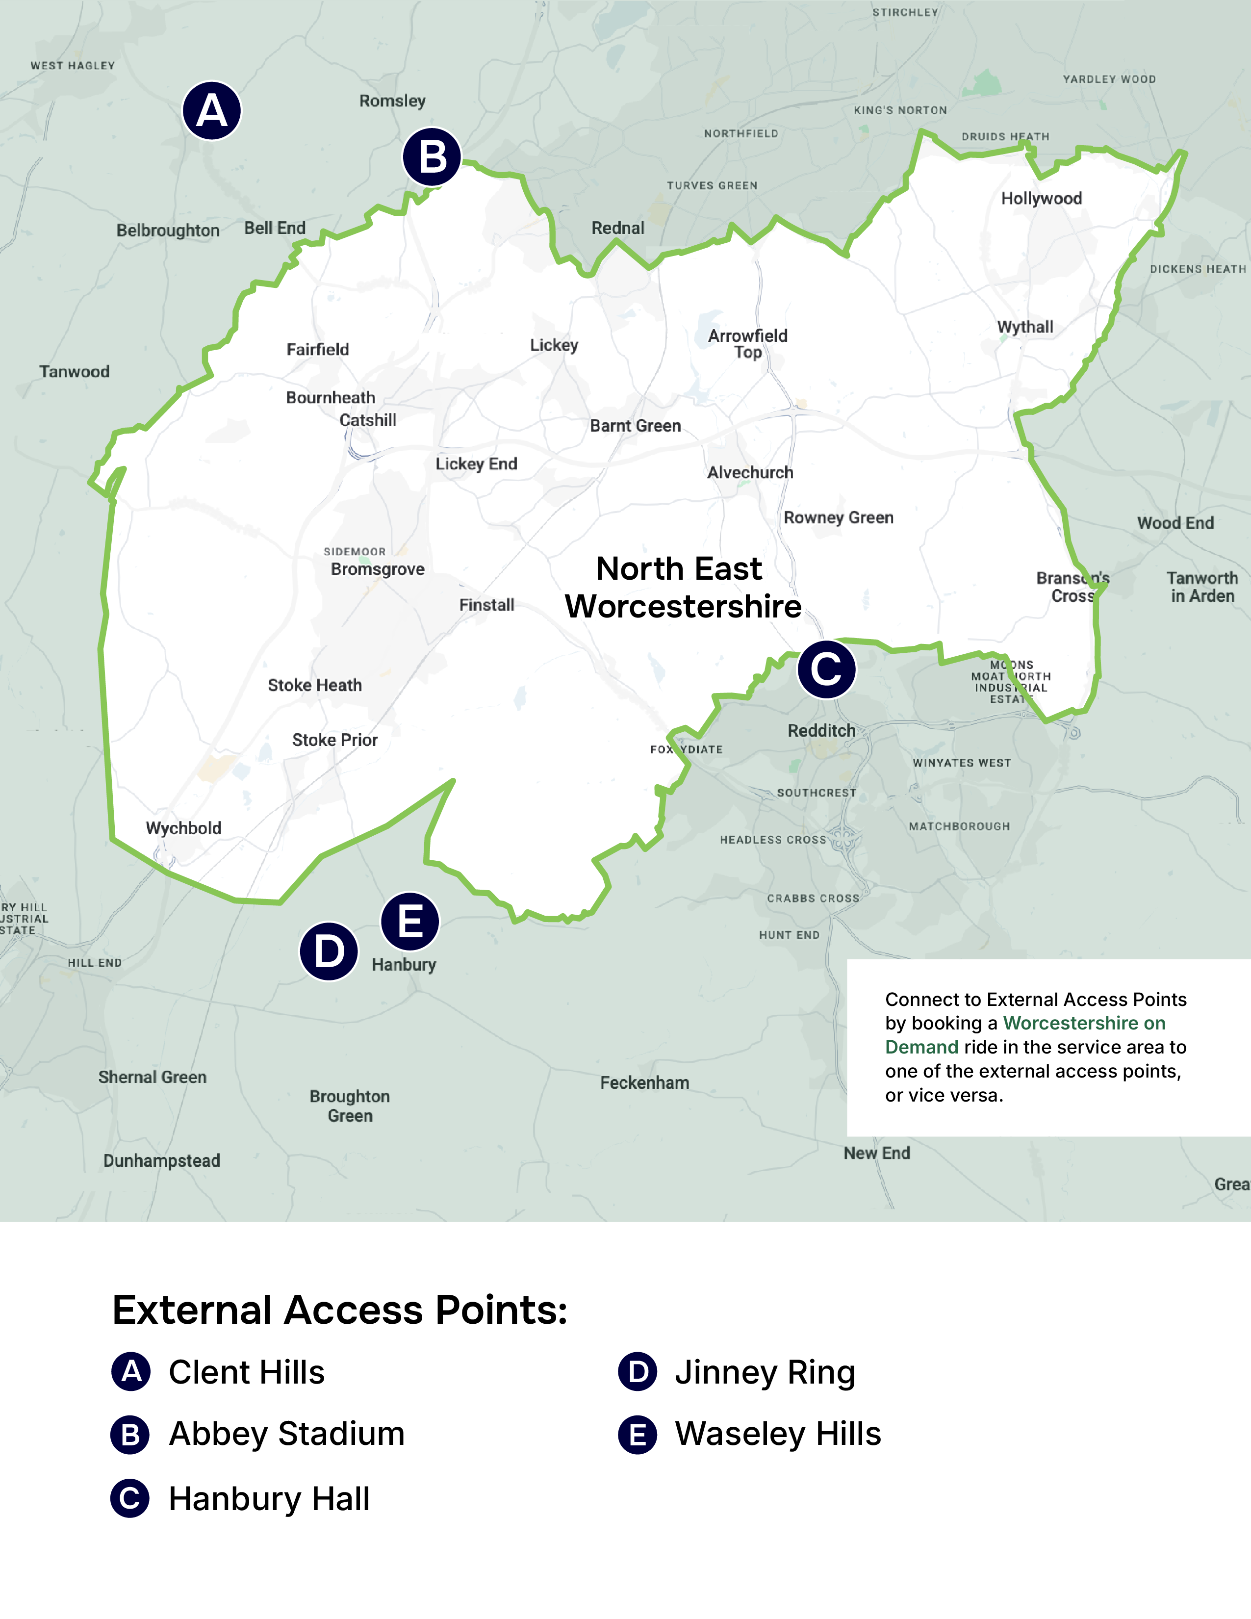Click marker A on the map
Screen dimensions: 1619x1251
(x=212, y=111)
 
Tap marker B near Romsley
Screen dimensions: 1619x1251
(x=432, y=157)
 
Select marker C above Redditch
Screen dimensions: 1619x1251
(x=826, y=669)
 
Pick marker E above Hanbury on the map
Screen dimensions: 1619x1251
(x=410, y=922)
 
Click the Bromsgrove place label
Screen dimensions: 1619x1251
(x=377, y=569)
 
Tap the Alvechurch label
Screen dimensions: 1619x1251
(x=750, y=473)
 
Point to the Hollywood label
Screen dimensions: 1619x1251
(x=1041, y=199)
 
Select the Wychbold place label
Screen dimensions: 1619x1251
(x=183, y=828)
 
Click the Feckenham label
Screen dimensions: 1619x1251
(x=644, y=1083)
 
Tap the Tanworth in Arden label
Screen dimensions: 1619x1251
(x=1202, y=587)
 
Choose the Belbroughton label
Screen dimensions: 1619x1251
(x=168, y=231)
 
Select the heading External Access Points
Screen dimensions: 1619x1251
(x=339, y=1310)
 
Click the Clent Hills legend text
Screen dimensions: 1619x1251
(x=247, y=1372)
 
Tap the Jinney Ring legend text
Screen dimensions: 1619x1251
(x=765, y=1372)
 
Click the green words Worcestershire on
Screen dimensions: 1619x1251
(x=1083, y=1023)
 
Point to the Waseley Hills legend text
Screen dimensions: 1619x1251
(x=777, y=1434)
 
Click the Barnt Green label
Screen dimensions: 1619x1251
(x=635, y=426)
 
